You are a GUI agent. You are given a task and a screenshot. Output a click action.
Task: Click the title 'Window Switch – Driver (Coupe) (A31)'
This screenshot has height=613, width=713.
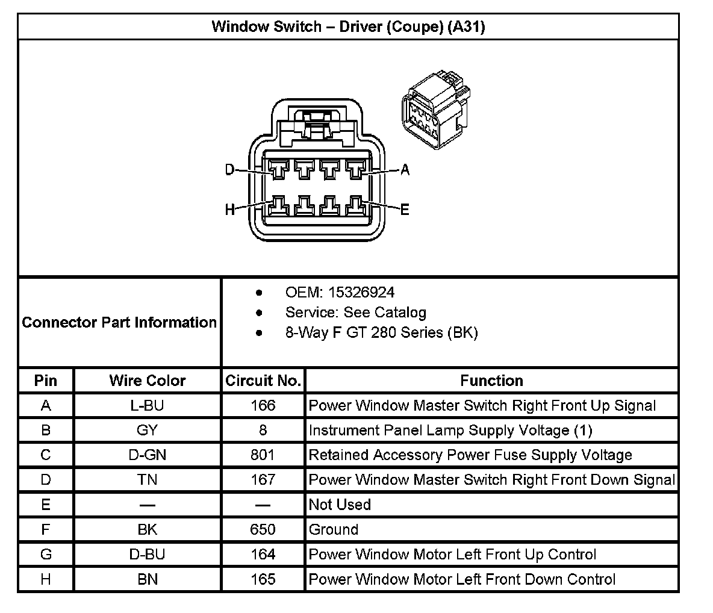click(348, 26)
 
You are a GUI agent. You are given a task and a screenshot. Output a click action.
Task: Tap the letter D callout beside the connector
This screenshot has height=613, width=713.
click(229, 170)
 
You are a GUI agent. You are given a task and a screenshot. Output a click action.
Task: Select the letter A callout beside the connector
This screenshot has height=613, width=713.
click(405, 170)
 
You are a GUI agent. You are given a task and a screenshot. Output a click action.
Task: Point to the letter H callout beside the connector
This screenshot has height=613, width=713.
click(229, 210)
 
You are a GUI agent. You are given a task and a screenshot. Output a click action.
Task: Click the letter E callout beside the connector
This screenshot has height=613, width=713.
click(405, 210)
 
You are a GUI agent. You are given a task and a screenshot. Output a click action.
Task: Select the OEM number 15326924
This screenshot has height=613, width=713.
click(360, 293)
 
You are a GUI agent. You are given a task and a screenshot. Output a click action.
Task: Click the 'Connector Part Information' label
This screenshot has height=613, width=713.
click(119, 322)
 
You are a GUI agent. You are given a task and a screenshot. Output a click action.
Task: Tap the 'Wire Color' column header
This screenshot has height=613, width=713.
click(147, 381)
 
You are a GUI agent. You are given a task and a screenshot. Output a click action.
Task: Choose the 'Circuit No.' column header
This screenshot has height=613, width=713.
click(263, 381)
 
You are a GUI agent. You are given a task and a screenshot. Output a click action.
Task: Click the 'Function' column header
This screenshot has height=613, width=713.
click(491, 381)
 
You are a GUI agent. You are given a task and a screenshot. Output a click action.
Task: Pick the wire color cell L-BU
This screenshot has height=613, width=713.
click(147, 406)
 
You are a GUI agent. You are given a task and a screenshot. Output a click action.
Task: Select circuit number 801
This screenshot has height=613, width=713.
click(263, 455)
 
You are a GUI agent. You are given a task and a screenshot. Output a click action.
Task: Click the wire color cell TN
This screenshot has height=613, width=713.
click(147, 480)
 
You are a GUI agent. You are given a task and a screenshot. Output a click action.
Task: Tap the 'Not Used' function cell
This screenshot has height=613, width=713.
click(340, 505)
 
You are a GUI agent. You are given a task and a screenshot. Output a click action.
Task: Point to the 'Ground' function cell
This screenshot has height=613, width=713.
click(334, 530)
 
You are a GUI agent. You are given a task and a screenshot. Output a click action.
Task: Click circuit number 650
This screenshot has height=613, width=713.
click(263, 530)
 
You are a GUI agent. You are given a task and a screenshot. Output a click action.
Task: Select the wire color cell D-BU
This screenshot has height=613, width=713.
click(147, 555)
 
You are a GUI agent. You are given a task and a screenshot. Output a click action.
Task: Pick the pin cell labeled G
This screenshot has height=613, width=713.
click(46, 555)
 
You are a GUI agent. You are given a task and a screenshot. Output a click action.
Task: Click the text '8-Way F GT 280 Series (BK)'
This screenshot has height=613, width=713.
click(381, 332)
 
